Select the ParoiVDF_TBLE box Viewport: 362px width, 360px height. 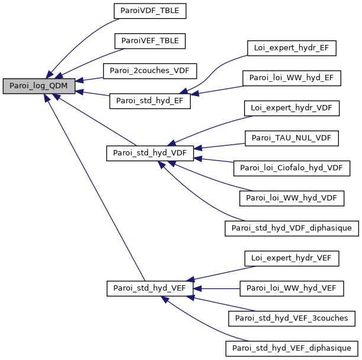click(150, 11)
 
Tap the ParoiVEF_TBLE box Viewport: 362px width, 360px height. click(150, 40)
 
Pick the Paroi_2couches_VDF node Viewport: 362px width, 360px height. click(150, 71)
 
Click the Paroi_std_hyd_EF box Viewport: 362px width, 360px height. click(150, 101)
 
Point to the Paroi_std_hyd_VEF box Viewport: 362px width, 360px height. click(150, 288)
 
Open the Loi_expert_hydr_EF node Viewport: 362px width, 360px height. click(291, 48)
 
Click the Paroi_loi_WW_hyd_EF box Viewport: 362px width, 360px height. click(291, 78)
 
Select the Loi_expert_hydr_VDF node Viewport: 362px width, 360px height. click(291, 108)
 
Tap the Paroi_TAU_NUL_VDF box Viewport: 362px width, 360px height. click(291, 138)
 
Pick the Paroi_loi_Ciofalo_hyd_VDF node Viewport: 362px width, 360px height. click(291, 168)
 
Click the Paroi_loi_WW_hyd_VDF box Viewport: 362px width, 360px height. click(291, 198)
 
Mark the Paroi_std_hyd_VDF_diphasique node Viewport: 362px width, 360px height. click(291, 228)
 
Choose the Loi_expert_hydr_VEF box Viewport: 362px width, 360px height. click(291, 258)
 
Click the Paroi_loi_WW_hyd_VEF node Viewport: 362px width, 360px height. click(291, 288)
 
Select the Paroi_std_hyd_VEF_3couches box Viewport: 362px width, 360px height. click(291, 318)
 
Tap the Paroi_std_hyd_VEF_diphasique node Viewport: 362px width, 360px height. click(291, 348)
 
